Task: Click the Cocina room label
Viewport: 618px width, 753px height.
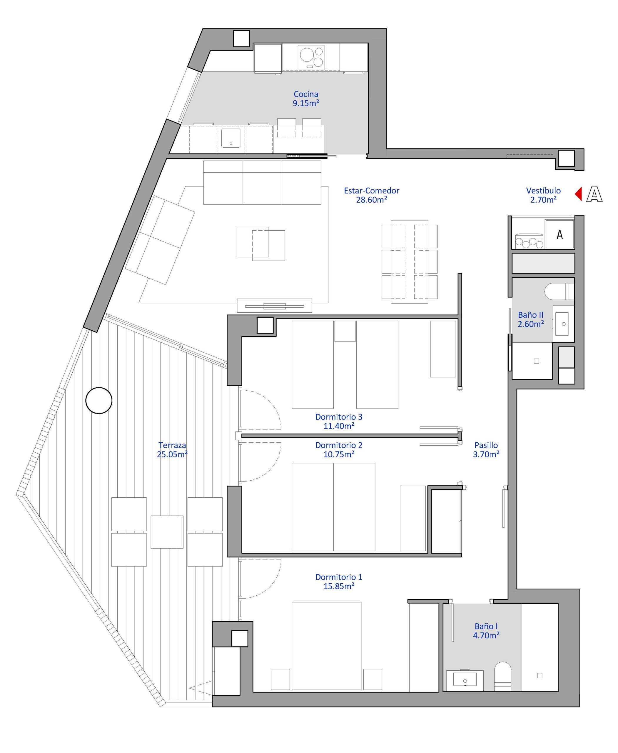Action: [x=306, y=94]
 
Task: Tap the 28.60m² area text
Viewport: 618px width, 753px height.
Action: [x=371, y=200]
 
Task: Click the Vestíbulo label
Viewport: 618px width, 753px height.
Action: [x=543, y=191]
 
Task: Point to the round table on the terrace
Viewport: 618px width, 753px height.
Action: [x=99, y=400]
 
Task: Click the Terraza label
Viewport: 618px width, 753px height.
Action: [x=172, y=445]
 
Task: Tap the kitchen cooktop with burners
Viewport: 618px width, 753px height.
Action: [x=311, y=58]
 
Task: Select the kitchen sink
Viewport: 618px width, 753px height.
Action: [x=231, y=138]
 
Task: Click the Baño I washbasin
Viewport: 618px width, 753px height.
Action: [x=465, y=679]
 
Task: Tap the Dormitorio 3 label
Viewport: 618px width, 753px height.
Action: [x=338, y=417]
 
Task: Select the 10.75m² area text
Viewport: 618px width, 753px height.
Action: [x=338, y=454]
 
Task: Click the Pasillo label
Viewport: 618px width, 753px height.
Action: [x=486, y=445]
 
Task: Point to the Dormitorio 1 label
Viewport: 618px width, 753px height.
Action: [x=338, y=577]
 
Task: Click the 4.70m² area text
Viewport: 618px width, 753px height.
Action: [x=486, y=635]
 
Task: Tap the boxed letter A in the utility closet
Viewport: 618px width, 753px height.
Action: [x=559, y=234]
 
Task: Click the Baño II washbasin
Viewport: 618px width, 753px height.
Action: [x=563, y=324]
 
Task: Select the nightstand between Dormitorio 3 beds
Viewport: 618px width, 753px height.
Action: [x=345, y=331]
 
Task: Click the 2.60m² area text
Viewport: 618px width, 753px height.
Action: [x=530, y=324]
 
